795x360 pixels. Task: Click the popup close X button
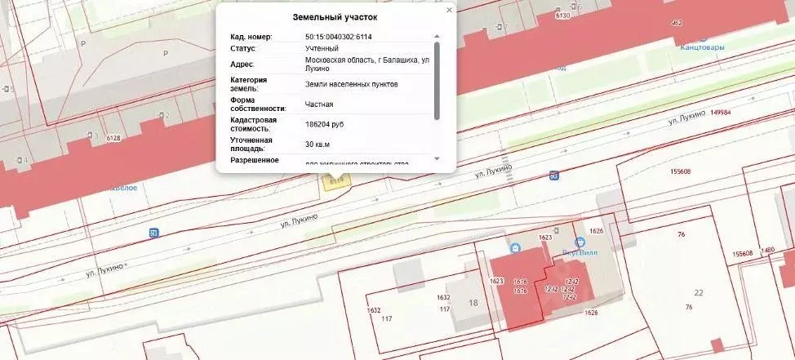pyautogui.click(x=449, y=11)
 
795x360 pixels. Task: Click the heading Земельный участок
pyautogui.click(x=335, y=17)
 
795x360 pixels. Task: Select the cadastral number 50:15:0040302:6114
pyautogui.click(x=339, y=37)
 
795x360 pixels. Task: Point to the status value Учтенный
pyautogui.click(x=322, y=48)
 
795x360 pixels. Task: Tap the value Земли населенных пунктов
pyautogui.click(x=352, y=84)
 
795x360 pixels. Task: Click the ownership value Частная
pyautogui.click(x=319, y=104)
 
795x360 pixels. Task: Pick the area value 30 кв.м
pyautogui.click(x=318, y=144)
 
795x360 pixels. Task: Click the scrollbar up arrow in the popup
pyautogui.click(x=437, y=37)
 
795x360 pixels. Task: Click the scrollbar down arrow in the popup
pyautogui.click(x=437, y=158)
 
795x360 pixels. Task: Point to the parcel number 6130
pyautogui.click(x=562, y=16)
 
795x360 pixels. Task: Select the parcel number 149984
pyautogui.click(x=721, y=113)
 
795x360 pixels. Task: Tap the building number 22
pyautogui.click(x=698, y=292)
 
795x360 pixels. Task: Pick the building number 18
pyautogui.click(x=473, y=302)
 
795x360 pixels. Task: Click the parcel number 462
pyautogui.click(x=676, y=22)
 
